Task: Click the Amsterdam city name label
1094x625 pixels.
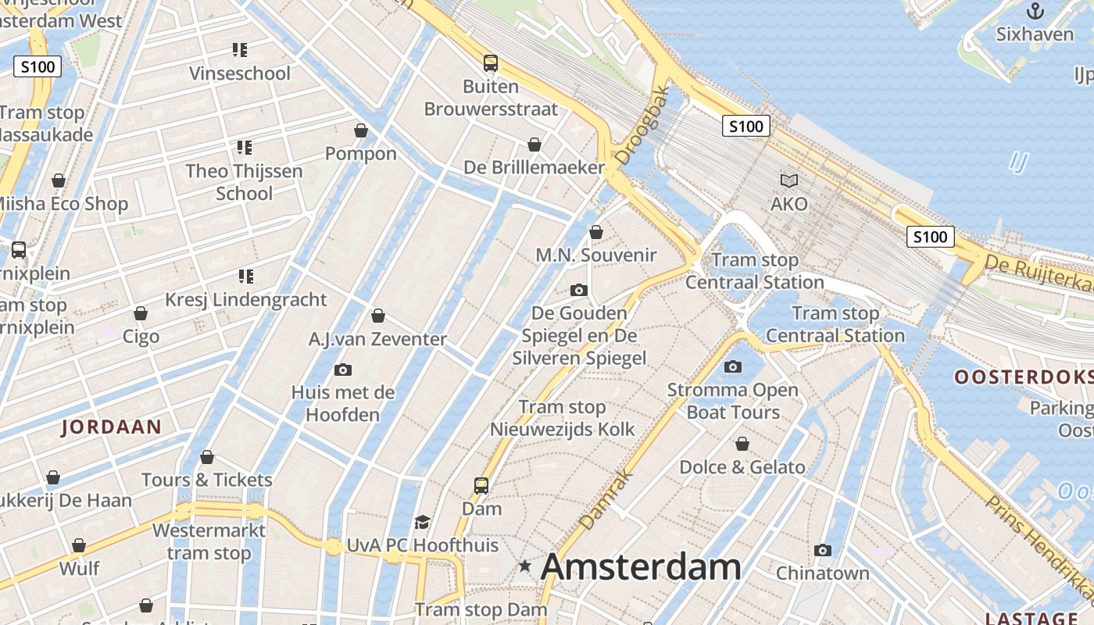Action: [641, 566]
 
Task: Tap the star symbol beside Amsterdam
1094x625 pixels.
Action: [525, 566]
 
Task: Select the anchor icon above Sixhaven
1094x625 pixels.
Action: [1035, 11]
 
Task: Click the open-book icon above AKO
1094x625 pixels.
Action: [789, 181]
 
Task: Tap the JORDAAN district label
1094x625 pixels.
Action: [112, 427]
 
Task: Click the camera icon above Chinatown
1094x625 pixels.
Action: [822, 551]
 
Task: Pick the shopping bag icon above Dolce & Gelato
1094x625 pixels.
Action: [742, 445]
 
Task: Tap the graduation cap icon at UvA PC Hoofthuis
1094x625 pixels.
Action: [422, 522]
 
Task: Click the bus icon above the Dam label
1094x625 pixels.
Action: [481, 486]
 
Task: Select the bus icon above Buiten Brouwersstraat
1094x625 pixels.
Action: [491, 63]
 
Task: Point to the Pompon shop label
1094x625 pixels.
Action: [361, 153]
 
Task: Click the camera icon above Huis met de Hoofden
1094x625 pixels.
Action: [342, 370]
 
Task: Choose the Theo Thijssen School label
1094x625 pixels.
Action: [244, 182]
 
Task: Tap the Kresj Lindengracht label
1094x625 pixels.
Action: [246, 300]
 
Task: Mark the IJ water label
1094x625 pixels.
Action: [1017, 162]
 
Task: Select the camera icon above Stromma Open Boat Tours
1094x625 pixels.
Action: [733, 366]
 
